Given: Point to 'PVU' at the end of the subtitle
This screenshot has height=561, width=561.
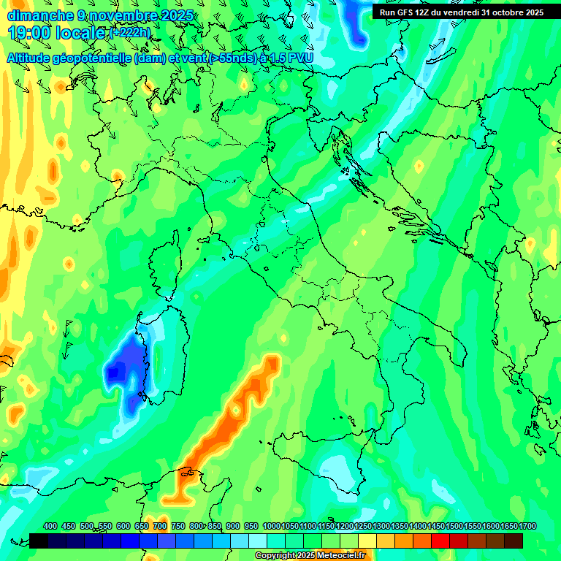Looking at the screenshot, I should coord(298,58).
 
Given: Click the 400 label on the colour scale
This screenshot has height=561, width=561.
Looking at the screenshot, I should coord(50,527).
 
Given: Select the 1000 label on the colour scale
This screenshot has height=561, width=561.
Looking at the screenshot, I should coord(271,527).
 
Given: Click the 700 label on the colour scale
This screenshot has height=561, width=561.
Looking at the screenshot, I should coord(160,527).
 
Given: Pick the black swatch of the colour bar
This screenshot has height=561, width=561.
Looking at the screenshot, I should coord(39,541).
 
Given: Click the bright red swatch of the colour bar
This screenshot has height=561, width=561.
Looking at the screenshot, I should coord(440,541).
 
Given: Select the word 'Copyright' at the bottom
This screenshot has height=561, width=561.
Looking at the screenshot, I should coord(275,556).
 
